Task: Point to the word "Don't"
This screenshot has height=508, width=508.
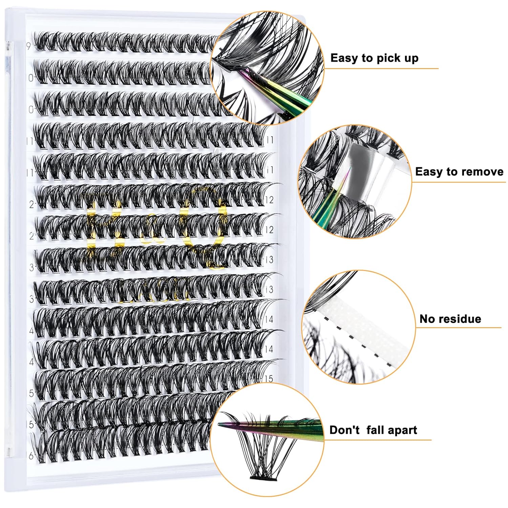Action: (x=344, y=430)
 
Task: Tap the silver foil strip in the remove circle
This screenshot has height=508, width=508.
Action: (x=364, y=176)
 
